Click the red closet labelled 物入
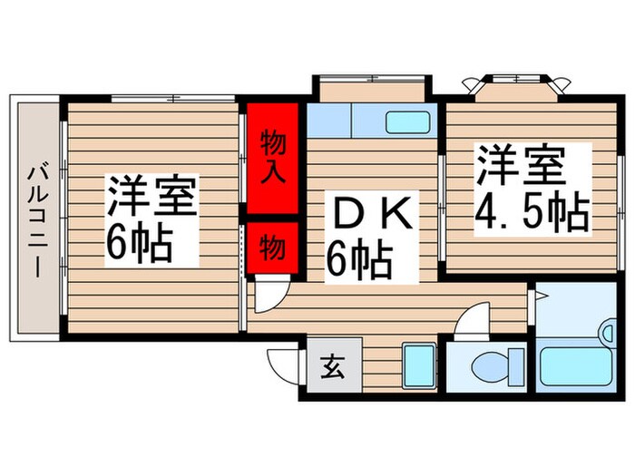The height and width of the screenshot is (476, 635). click(274, 156)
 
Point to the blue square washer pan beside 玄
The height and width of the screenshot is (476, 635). click(417, 365)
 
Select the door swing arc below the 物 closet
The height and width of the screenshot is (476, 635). click(271, 294)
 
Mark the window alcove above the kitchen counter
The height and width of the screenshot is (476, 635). click(372, 91)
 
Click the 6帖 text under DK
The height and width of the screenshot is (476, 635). click(359, 259)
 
